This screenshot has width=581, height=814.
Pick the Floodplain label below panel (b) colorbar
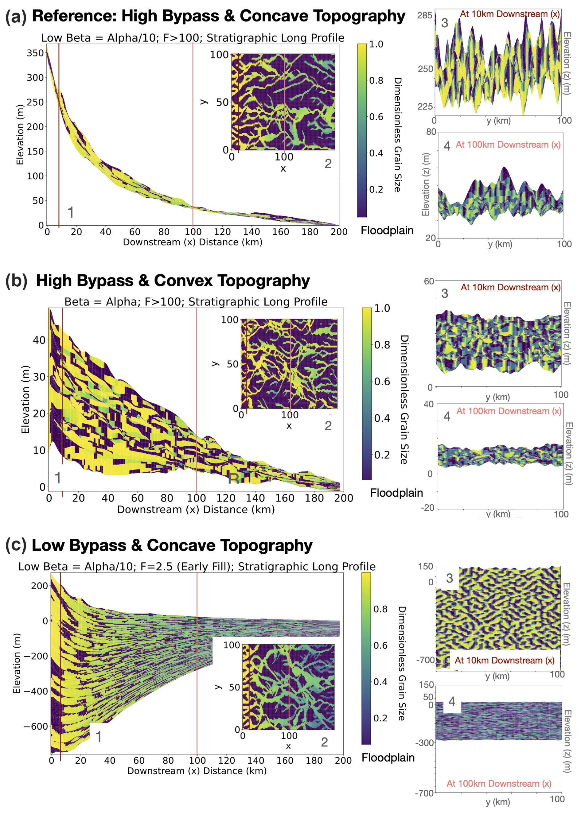point(396,493)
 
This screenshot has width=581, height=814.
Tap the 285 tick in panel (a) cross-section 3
point(425,15)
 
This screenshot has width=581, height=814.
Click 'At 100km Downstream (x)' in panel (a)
point(508,145)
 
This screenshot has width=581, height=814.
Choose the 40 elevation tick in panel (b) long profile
point(39,340)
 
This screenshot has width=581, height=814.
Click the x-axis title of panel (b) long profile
point(196,510)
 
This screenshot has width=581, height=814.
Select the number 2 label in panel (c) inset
point(324,742)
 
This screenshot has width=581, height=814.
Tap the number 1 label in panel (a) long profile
point(71,212)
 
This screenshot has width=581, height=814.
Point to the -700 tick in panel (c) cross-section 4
point(425,793)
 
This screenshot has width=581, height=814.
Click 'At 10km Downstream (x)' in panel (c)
point(504,660)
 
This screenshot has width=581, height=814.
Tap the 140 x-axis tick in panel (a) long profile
point(252,232)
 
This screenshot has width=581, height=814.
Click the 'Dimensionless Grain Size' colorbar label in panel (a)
point(397,134)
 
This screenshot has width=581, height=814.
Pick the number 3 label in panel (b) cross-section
point(444,293)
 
